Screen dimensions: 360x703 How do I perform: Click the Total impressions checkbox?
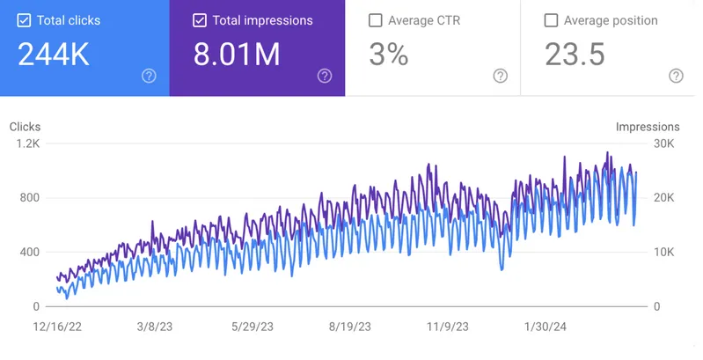(201, 20)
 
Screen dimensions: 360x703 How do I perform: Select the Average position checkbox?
(552, 20)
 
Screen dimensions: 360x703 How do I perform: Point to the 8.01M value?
(237, 55)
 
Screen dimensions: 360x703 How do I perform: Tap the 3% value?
(389, 55)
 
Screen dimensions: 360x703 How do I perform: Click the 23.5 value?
(575, 55)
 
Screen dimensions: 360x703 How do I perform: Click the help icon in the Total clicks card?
(149, 76)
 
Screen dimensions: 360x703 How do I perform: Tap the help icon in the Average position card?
(676, 76)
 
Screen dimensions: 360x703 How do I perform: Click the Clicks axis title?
(25, 127)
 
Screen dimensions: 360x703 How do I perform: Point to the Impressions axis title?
(648, 127)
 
